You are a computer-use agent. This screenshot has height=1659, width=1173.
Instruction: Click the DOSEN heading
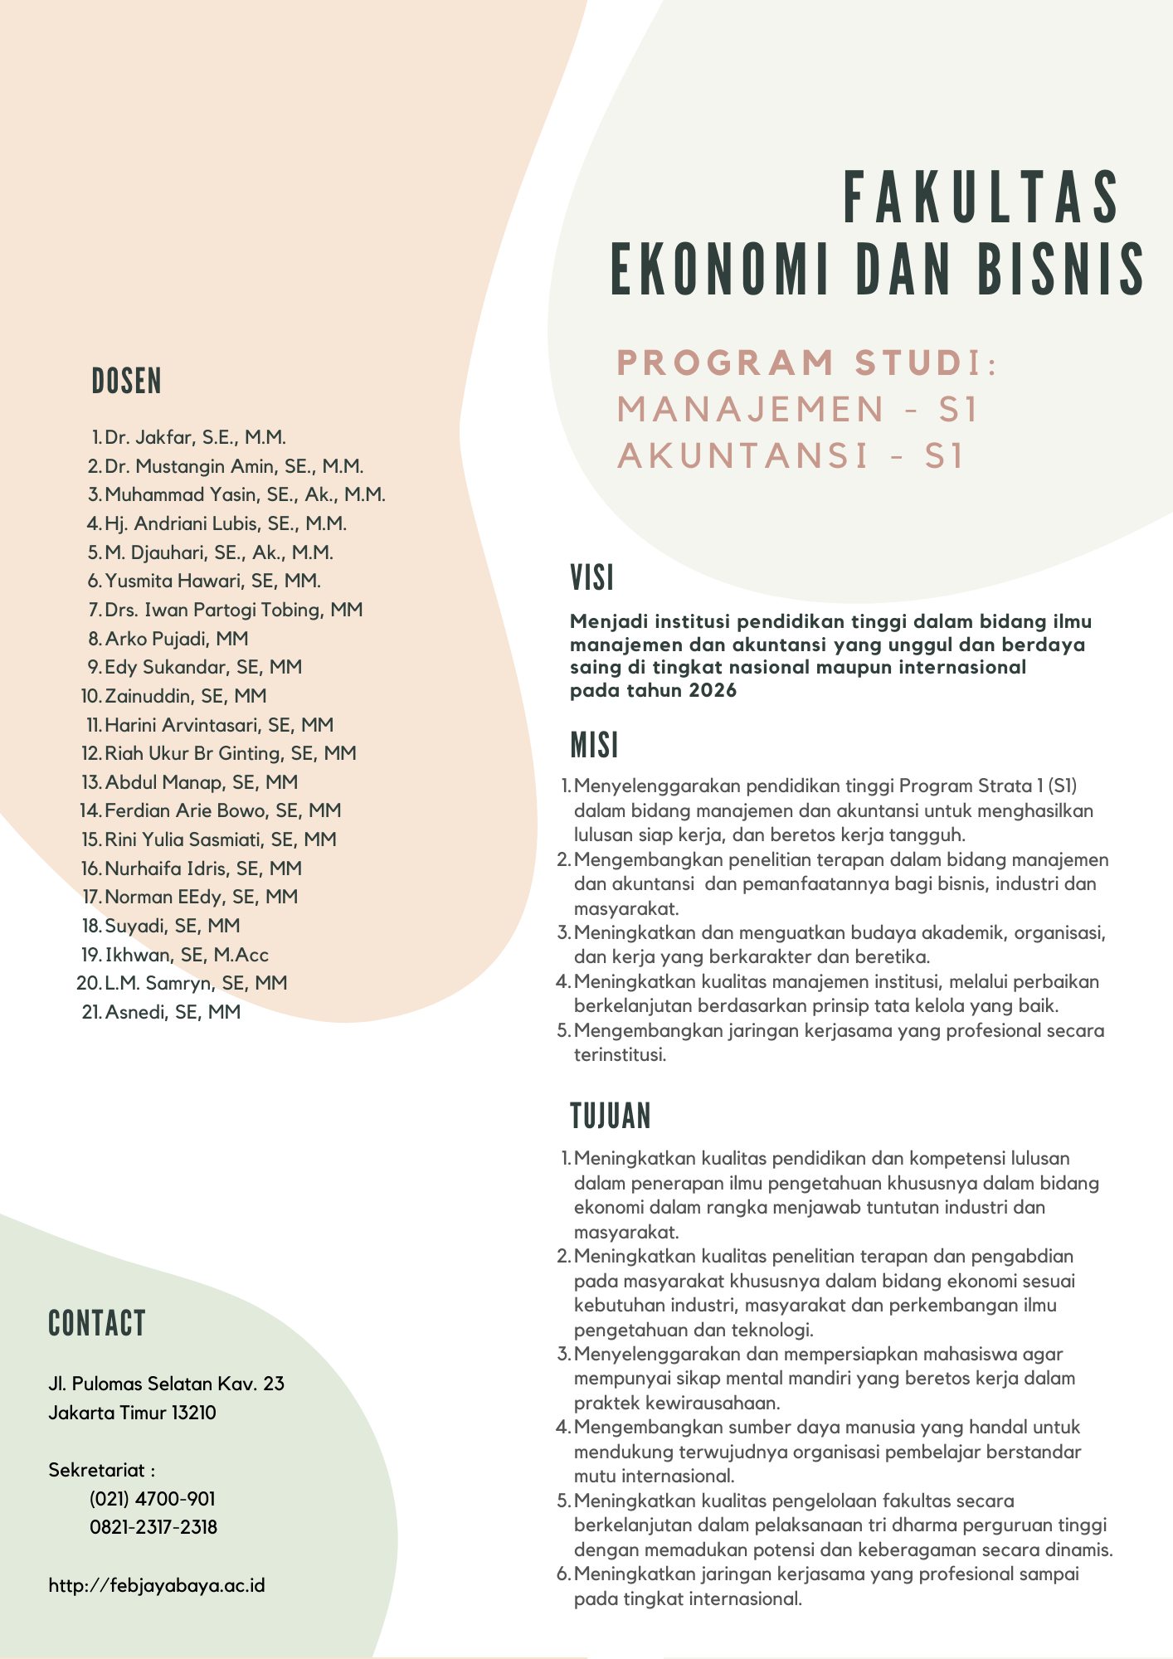[x=126, y=382]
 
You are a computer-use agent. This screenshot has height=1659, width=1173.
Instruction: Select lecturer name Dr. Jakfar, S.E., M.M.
[x=195, y=437]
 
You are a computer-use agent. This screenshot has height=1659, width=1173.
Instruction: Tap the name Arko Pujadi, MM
[x=176, y=639]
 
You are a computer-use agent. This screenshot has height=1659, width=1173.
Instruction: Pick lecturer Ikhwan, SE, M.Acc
[x=187, y=955]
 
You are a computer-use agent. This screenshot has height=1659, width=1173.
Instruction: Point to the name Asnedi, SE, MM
[x=173, y=1012]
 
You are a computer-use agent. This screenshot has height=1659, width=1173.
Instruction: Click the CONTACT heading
[x=97, y=1324]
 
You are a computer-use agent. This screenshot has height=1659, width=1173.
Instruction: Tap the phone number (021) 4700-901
[x=153, y=1499]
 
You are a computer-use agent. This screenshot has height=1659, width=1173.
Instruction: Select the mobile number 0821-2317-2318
[x=153, y=1527]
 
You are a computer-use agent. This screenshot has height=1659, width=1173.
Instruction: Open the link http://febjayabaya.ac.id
[x=157, y=1585]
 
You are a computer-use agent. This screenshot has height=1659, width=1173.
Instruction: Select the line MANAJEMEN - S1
[x=797, y=409]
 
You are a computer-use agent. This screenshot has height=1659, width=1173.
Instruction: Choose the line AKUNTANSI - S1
[x=791, y=455]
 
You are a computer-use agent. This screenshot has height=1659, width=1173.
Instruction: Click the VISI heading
[x=591, y=578]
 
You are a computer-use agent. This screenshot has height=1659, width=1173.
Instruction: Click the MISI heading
[x=594, y=746]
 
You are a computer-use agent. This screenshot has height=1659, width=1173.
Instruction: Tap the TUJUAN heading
[x=611, y=1117]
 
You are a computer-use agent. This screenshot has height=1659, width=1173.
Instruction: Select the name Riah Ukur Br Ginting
[x=192, y=753]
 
